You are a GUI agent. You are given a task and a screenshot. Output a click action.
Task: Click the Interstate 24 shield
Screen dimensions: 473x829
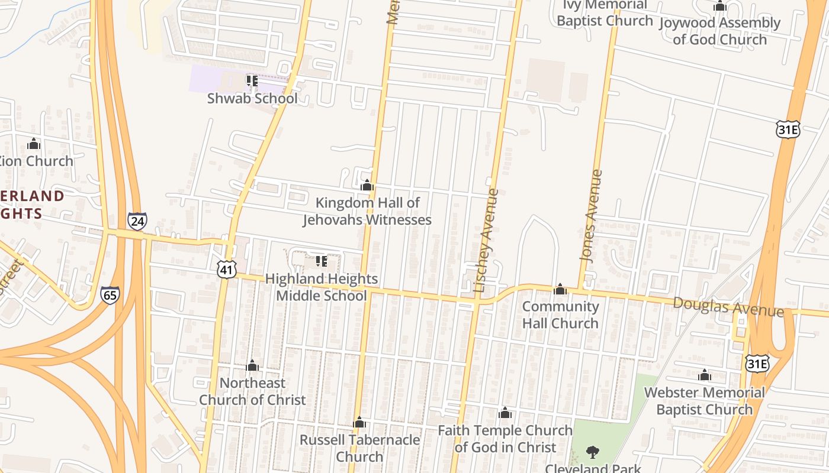(x=137, y=221)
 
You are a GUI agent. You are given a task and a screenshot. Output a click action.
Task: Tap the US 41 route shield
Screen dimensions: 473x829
(x=227, y=270)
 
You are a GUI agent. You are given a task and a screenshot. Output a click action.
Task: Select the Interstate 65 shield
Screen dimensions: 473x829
(x=110, y=294)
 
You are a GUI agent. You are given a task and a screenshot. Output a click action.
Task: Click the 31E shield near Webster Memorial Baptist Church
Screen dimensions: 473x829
(x=757, y=363)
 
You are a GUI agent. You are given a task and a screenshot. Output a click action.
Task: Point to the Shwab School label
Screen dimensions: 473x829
(x=252, y=98)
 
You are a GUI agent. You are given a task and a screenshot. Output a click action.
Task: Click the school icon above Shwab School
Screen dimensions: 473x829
(x=252, y=80)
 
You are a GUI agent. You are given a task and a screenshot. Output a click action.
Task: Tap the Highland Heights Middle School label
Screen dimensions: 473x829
(x=321, y=287)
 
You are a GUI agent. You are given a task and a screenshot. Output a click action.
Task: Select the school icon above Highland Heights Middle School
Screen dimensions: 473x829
(x=322, y=261)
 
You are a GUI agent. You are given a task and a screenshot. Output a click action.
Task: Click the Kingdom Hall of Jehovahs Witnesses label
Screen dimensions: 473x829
(x=367, y=211)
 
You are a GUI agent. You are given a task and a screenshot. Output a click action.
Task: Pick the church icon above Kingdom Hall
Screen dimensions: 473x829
(x=367, y=186)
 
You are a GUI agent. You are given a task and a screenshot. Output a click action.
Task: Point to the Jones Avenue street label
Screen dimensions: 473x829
(x=591, y=216)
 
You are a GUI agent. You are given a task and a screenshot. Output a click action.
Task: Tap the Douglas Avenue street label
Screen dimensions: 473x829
(x=728, y=307)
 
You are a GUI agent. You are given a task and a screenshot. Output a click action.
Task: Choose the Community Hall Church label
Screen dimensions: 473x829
(x=560, y=315)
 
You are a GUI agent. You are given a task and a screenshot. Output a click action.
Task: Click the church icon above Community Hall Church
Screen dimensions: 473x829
(x=560, y=289)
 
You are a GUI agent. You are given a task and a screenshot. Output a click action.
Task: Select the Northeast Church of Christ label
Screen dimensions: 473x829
(x=252, y=391)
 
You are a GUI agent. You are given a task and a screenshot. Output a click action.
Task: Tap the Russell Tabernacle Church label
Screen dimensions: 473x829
(x=359, y=448)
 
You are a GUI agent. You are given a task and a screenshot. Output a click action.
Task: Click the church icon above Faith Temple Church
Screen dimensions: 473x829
(x=505, y=413)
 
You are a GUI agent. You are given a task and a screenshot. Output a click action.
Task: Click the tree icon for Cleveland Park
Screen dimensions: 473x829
(x=592, y=453)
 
